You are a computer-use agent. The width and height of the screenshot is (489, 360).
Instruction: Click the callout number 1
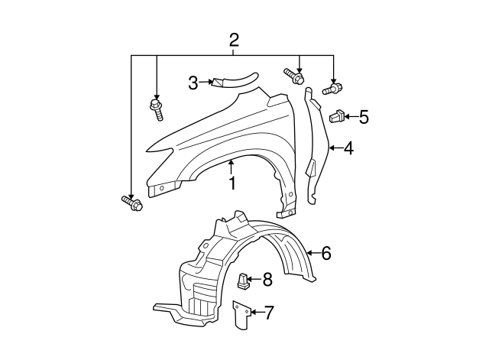click(232, 183)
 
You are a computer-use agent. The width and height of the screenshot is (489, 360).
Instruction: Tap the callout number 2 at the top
click(235, 40)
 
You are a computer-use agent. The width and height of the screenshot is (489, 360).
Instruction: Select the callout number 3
click(193, 82)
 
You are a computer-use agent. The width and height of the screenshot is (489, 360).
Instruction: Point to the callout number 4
click(348, 148)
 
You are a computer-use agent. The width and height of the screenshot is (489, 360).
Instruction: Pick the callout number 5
click(363, 117)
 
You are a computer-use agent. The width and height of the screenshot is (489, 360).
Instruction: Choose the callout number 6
click(325, 253)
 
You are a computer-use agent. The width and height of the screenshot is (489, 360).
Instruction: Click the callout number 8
click(267, 280)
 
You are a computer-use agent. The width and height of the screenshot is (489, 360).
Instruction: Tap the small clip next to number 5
click(336, 117)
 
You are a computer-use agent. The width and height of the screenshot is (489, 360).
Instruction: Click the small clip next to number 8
click(242, 282)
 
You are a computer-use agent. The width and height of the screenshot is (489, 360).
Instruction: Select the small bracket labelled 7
click(240, 315)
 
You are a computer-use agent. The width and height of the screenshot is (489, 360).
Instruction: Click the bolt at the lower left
click(131, 203)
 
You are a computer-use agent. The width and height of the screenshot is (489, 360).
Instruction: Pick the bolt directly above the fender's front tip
click(157, 108)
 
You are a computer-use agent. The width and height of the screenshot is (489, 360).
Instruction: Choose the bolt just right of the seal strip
click(295, 76)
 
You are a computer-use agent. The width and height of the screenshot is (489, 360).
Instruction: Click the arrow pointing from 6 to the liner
click(312, 253)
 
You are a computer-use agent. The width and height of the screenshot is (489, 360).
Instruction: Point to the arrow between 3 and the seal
click(206, 82)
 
